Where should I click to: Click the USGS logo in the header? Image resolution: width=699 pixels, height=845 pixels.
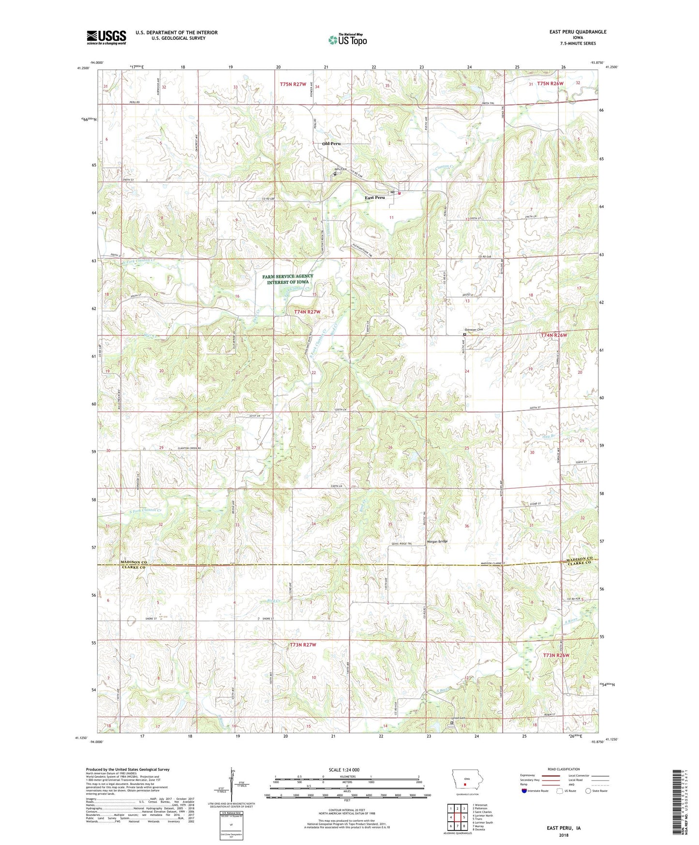pos(106,37)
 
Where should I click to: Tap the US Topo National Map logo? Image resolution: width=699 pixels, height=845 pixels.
pos(347,40)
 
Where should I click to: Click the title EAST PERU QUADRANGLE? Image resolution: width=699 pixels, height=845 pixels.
pos(578,32)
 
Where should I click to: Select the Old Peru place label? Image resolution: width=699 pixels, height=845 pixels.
pos(331,144)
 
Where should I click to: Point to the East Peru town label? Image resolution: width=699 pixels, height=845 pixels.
pos(375,197)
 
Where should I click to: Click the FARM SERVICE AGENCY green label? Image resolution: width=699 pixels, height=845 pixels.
pos(287,279)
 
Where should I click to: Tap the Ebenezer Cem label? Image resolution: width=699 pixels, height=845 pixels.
pos(474,330)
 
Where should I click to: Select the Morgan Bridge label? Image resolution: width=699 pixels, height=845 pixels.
pos(437,541)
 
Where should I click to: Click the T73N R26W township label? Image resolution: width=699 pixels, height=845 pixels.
pos(556,655)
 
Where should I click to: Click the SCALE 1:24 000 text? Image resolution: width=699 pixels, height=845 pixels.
pos(344,770)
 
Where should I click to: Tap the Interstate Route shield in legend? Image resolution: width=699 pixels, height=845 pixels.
pos(524,791)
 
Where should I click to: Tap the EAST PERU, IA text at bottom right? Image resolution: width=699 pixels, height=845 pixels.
pos(564,828)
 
